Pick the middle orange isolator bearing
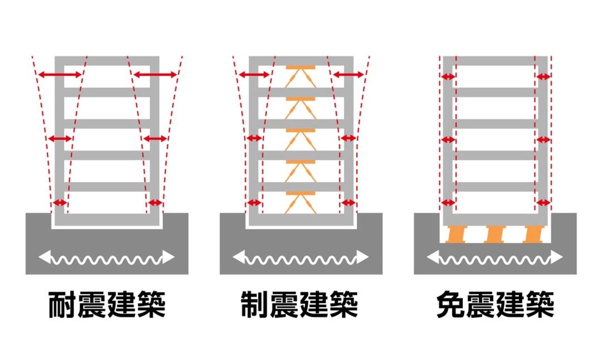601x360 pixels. coord(494,234)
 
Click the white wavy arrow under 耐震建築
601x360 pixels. coord(107,258)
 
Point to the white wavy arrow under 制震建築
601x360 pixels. coord(300,258)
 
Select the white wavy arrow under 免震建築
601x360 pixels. coord(495,258)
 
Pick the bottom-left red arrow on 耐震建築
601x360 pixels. coord(61,203)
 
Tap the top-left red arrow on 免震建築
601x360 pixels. coord(448,77)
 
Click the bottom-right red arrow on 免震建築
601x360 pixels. coord(543,203)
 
